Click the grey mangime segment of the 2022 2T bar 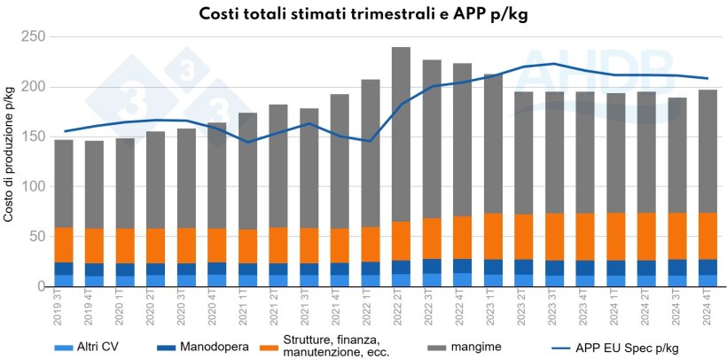401,133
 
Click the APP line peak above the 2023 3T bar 555,64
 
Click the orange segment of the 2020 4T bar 217,246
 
